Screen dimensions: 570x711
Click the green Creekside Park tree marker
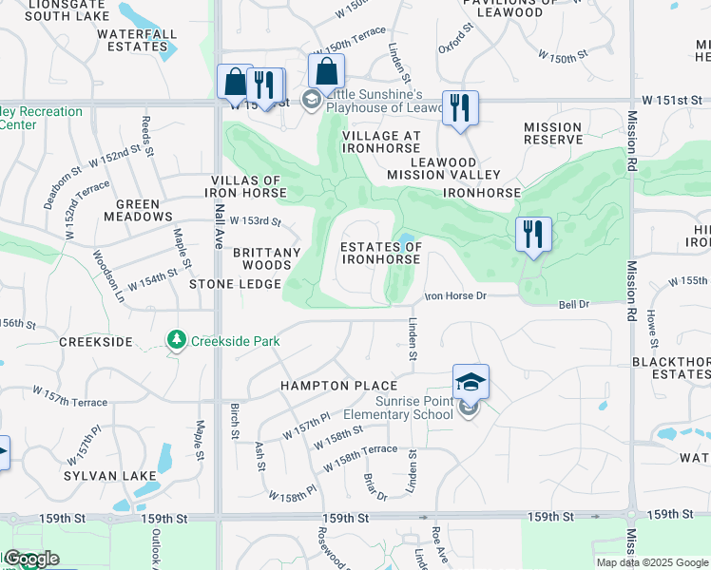point(176,340)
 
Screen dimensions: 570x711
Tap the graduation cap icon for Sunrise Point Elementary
point(471,382)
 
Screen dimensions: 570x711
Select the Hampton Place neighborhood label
point(338,386)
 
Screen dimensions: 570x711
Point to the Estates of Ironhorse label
point(381,253)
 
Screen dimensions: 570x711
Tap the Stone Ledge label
point(235,284)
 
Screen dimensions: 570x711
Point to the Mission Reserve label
point(552,133)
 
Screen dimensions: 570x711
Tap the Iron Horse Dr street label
point(454,296)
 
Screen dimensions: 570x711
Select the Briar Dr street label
point(376,489)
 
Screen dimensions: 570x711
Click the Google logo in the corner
point(30,559)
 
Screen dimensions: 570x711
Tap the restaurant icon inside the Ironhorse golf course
point(533,235)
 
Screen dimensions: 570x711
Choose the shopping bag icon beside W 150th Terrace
point(326,71)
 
